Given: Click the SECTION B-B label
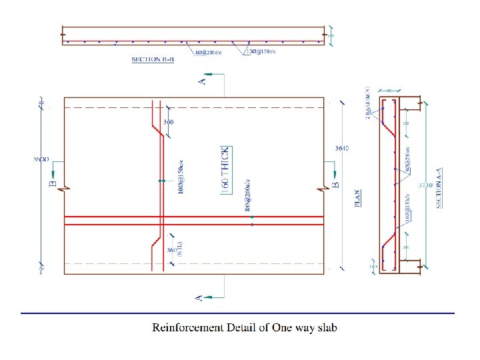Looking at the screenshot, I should point(153,60).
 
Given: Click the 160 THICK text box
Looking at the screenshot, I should point(225,170).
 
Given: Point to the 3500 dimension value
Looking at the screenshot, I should point(40,159).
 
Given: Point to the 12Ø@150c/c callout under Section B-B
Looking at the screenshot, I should point(259,51).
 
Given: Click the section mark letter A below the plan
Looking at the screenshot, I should point(199,297).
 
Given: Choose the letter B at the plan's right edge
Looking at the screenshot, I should point(336,180).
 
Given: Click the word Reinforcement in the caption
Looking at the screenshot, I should point(188,327).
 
